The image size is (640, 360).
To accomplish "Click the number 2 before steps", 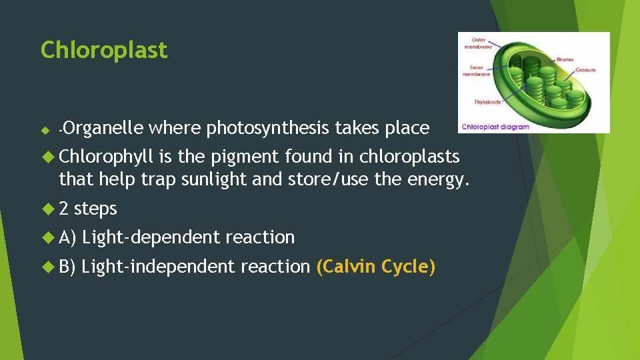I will pyautogui.click(x=64, y=209).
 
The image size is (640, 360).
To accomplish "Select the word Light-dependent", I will pyautogui.click(x=151, y=237).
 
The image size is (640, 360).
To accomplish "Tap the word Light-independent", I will pyautogui.click(x=159, y=267).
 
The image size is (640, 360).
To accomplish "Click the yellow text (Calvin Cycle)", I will pyautogui.click(x=376, y=267).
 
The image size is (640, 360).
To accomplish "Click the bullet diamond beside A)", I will pyautogui.click(x=47, y=237).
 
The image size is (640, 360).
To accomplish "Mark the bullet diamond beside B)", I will pyautogui.click(x=47, y=267).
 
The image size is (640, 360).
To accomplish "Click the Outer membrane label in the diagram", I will pyautogui.click(x=479, y=43).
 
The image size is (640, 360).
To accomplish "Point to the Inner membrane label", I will pyautogui.click(x=477, y=71).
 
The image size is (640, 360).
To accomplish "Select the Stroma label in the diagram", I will pyautogui.click(x=565, y=59).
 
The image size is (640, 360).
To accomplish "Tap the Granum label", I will pyautogui.click(x=586, y=70).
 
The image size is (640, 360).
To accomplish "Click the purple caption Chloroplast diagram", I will pyautogui.click(x=496, y=126).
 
